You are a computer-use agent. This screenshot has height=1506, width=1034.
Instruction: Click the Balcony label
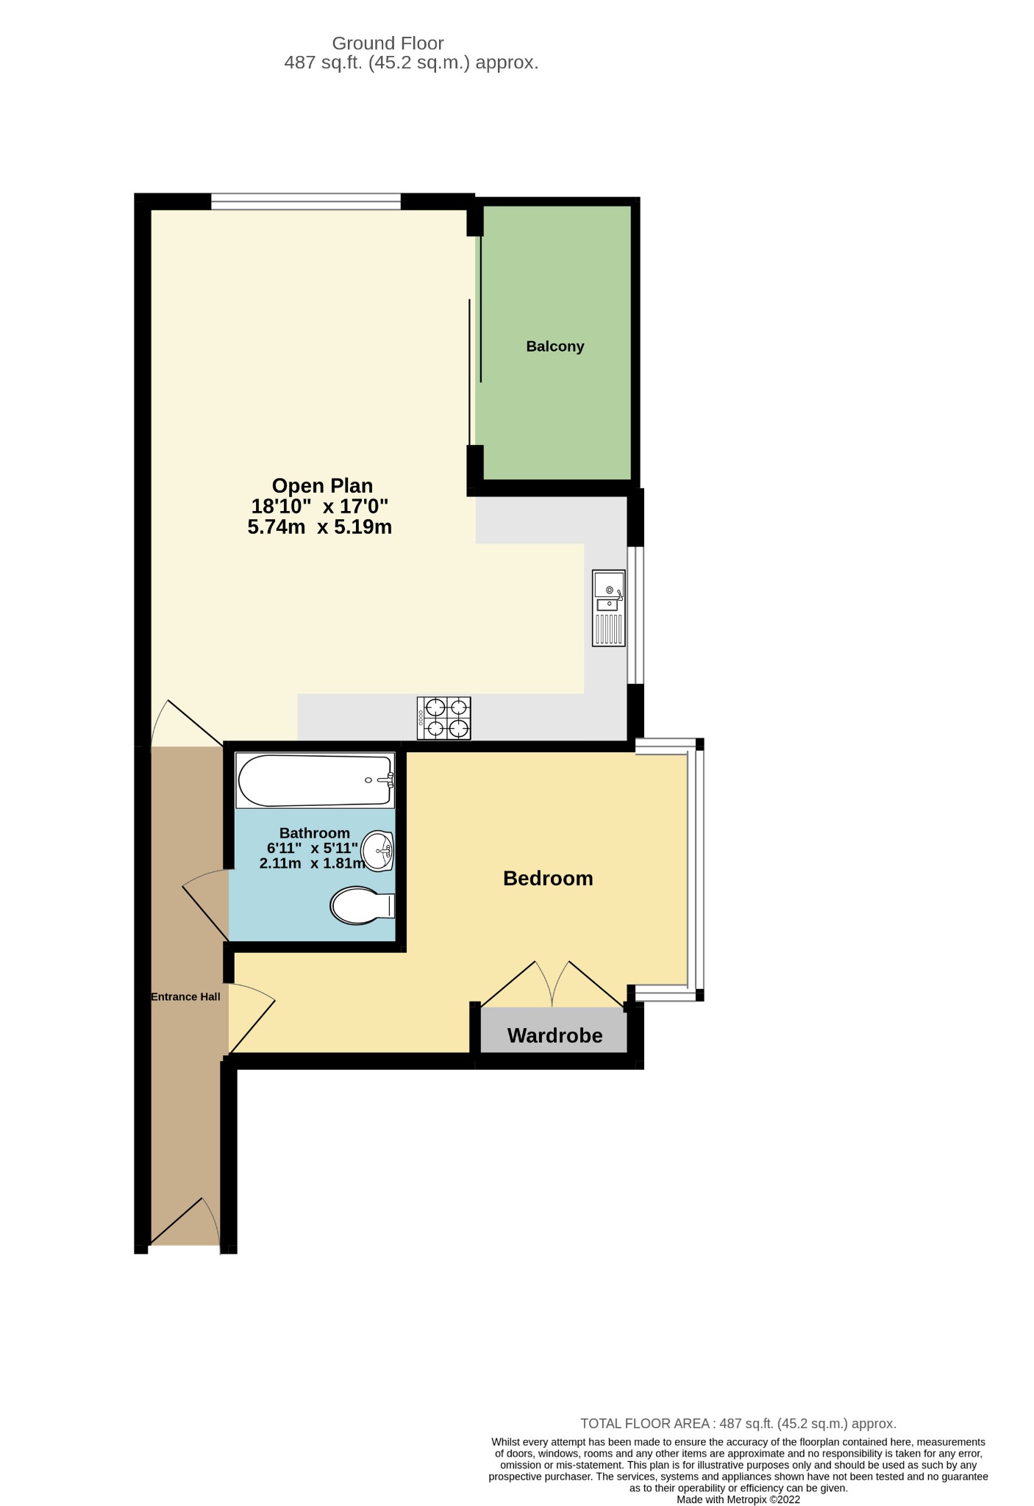click(555, 346)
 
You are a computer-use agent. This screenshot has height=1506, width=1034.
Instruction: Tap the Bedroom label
click(548, 878)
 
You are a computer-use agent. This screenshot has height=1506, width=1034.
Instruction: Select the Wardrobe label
click(555, 1035)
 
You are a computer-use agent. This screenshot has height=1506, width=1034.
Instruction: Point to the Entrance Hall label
click(185, 996)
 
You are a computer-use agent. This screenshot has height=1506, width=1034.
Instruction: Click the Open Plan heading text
click(322, 485)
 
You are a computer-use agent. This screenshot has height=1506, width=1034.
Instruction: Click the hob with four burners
click(444, 718)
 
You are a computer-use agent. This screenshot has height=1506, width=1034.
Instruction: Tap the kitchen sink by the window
click(609, 608)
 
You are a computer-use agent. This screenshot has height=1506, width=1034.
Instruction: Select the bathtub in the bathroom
click(315, 779)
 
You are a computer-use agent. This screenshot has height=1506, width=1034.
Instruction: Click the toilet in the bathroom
click(363, 905)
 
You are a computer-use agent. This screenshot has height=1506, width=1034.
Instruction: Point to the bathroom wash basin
click(377, 852)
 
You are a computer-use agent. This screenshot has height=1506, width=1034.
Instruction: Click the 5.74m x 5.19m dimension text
click(320, 527)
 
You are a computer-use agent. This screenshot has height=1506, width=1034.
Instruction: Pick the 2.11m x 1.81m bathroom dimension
click(312, 863)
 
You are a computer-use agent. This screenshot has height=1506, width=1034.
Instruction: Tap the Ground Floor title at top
click(388, 43)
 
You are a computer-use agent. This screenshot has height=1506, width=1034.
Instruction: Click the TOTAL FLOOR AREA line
click(738, 1424)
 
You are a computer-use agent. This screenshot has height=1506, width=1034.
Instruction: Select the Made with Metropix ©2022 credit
click(738, 1499)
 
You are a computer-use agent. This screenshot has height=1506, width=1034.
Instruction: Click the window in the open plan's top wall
click(306, 201)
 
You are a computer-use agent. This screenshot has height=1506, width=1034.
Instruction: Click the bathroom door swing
click(206, 904)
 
